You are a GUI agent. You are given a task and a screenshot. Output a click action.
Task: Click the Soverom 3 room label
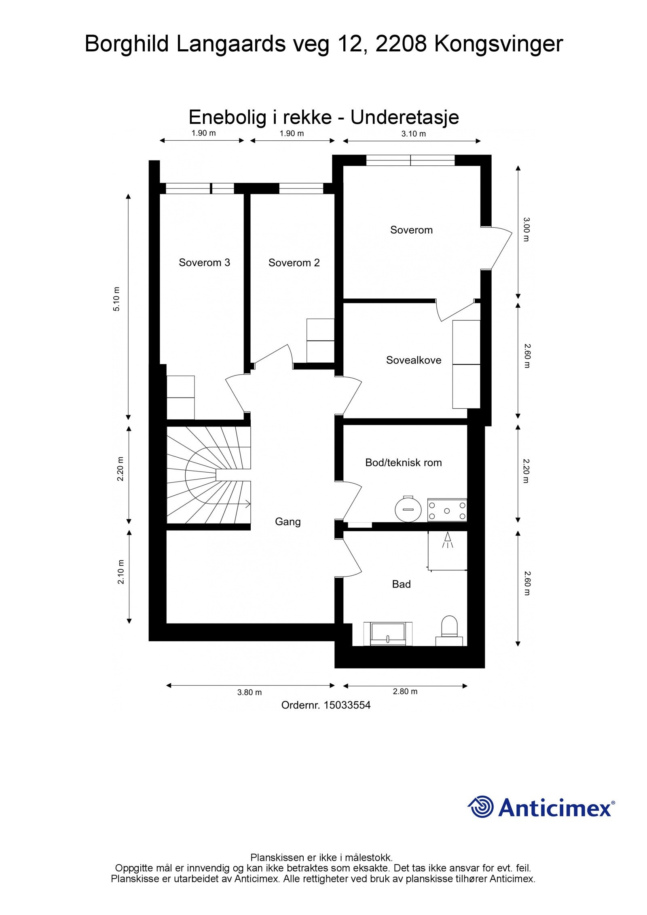click(204, 262)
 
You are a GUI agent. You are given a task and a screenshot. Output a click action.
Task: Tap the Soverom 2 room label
click(294, 263)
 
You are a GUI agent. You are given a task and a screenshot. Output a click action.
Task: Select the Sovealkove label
click(413, 360)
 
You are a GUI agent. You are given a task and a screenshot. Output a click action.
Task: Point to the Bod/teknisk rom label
click(403, 463)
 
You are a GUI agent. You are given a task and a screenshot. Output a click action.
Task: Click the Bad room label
click(401, 584)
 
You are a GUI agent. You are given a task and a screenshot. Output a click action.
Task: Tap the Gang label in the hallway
click(288, 522)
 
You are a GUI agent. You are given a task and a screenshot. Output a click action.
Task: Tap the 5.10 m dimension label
click(116, 299)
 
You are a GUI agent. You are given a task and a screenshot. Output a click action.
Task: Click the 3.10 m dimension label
click(413, 134)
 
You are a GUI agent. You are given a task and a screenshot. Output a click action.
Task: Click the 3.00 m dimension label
click(526, 229)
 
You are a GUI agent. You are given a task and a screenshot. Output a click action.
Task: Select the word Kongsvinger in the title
click(498, 44)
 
